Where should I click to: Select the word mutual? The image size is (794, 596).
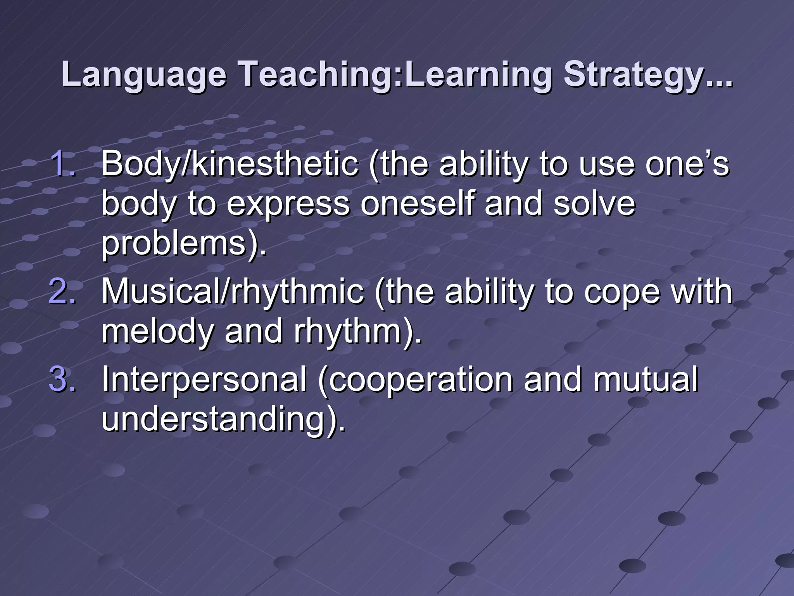click(x=646, y=379)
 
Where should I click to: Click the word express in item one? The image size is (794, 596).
click(x=288, y=204)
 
